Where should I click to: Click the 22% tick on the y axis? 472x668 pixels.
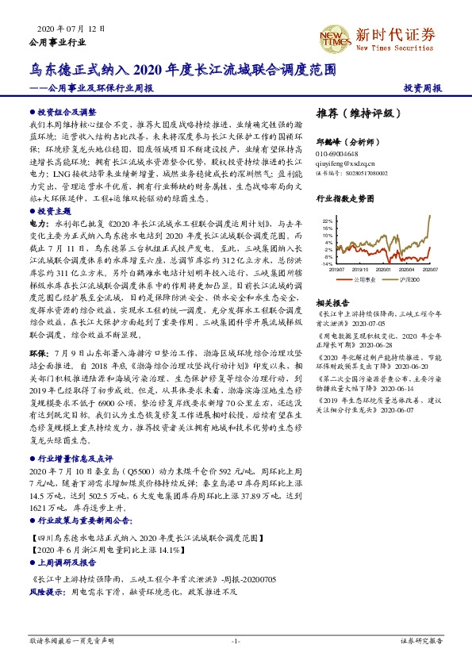coord(327,221)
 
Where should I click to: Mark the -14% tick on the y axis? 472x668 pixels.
coord(327,263)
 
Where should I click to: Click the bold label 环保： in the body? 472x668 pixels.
coord(40,347)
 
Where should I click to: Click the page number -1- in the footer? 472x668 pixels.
coord(236,639)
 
